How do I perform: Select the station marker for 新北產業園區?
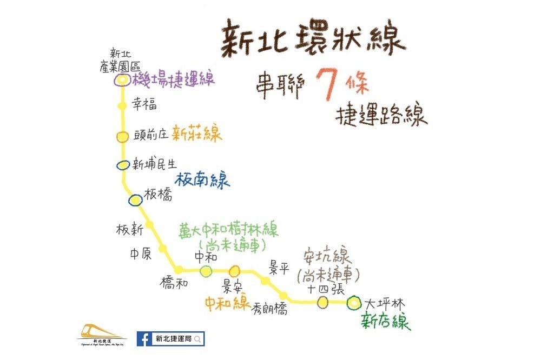[122, 80]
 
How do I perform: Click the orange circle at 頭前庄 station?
[123, 137]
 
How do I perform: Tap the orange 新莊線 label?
[197, 134]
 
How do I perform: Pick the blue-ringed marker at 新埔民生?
[123, 165]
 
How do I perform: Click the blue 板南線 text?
[202, 179]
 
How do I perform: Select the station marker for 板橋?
[135, 201]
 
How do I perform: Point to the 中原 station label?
[140, 254]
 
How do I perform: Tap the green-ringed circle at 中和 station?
[206, 271]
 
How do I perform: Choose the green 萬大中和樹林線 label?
[229, 231]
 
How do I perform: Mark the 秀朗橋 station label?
[269, 309]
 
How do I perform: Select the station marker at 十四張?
[323, 302]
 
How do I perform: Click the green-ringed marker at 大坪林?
[354, 303]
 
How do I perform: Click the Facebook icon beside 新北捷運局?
[144, 339]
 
